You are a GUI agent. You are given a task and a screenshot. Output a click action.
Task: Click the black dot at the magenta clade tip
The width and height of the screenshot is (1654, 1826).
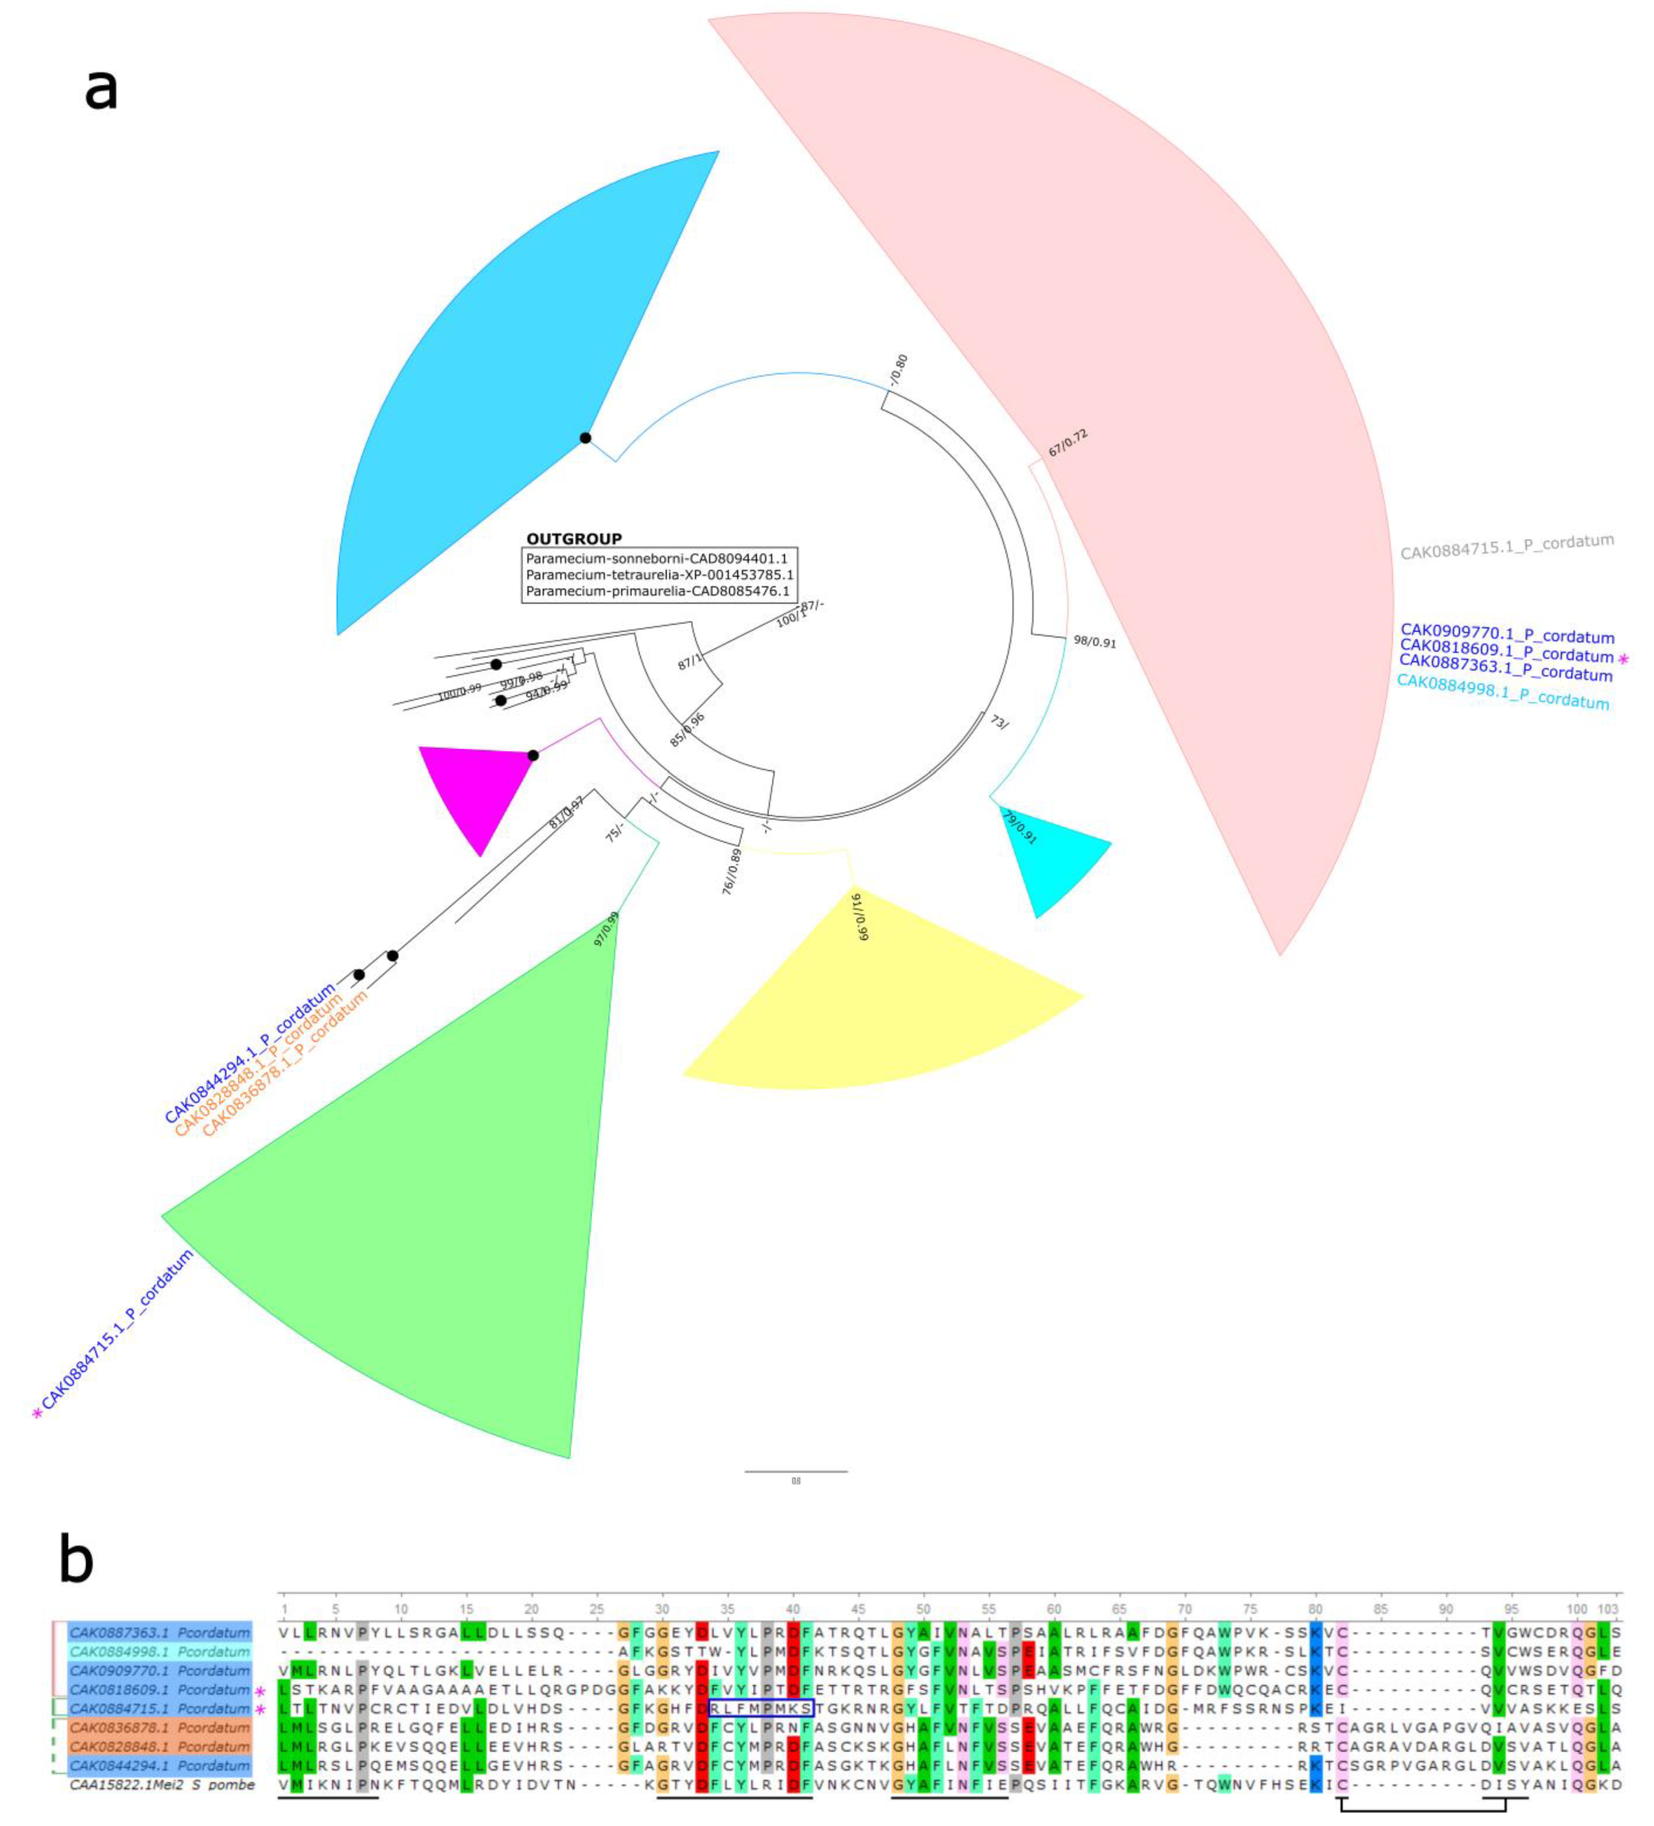point(534,755)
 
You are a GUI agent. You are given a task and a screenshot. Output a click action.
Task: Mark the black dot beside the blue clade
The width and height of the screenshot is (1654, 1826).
point(585,438)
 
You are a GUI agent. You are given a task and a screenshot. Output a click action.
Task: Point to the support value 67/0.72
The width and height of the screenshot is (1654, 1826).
point(1067,444)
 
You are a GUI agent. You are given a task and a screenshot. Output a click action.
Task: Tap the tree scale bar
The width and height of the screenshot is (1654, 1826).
point(795,1471)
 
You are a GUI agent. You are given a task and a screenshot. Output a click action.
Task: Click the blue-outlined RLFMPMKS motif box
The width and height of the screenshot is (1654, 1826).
point(761,1708)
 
